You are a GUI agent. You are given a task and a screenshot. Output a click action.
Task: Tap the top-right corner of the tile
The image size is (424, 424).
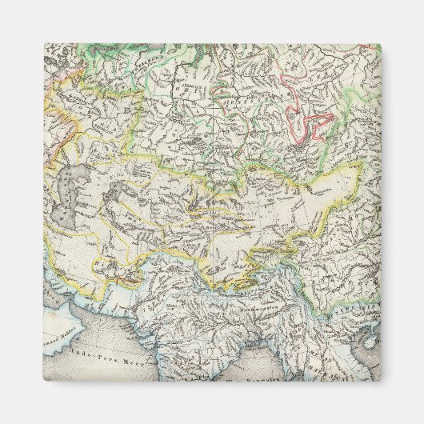point(380,45)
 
